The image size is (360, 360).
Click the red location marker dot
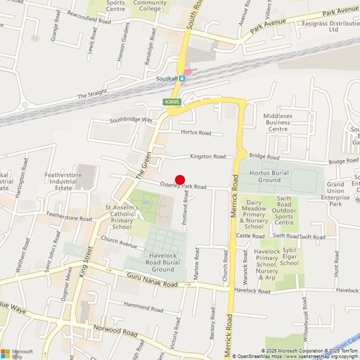[x=180, y=179]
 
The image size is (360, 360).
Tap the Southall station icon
[x=182, y=78]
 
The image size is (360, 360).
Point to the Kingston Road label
[x=208, y=156]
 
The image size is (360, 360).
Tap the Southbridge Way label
[x=131, y=120]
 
